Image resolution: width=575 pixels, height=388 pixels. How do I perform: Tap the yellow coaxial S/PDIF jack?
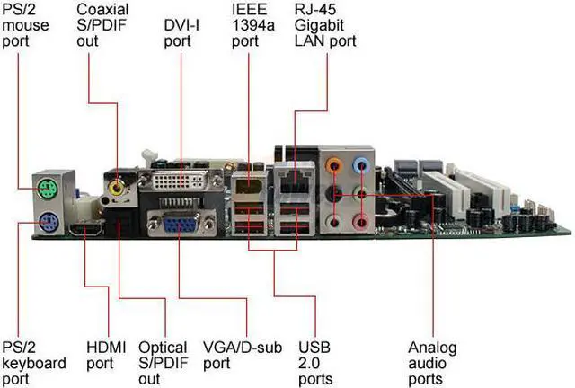point(117,189)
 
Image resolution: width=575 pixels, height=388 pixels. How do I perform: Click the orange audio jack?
point(334,165)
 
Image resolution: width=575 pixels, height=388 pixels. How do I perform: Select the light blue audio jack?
point(362,165)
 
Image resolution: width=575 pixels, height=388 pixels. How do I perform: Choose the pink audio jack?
point(362,221)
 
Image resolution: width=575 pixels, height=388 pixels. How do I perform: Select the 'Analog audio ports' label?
point(432,363)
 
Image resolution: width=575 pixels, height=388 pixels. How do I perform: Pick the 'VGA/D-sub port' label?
point(233,355)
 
